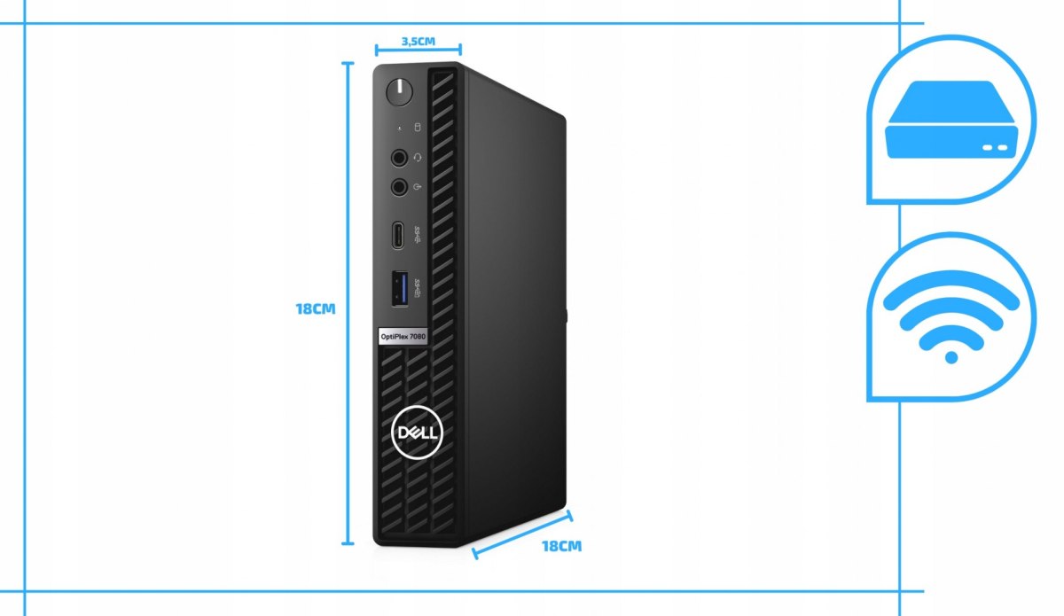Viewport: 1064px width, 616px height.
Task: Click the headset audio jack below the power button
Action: coord(399,158)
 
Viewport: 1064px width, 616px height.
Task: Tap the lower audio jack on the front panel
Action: coord(399,187)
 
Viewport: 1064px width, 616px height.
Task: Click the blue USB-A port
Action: coord(396,291)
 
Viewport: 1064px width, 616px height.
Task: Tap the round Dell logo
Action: coord(413,433)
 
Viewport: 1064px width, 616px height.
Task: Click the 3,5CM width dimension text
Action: coord(418,41)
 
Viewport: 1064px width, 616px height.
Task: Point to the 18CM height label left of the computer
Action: coord(316,310)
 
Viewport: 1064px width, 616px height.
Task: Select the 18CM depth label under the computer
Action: coord(561,546)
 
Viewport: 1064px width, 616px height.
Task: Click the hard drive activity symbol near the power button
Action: coord(418,128)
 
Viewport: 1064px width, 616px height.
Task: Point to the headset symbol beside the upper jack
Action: coord(418,158)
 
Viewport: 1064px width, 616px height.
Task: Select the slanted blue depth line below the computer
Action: coord(523,534)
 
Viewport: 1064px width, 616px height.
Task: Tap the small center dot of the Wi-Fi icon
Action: coord(951,357)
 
